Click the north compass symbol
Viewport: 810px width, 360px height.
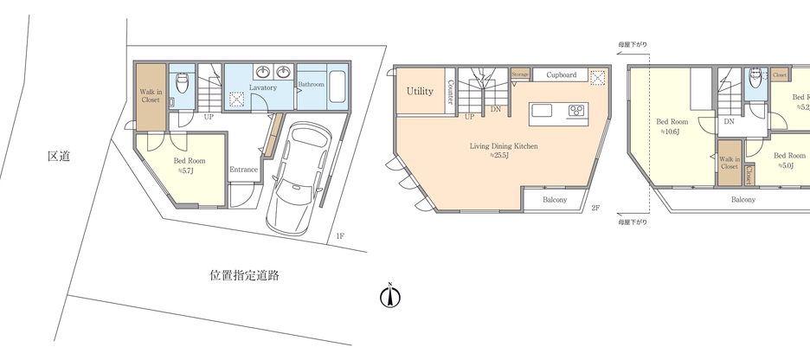[390, 296]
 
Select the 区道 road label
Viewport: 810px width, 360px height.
[58, 157]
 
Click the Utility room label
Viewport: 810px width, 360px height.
[420, 91]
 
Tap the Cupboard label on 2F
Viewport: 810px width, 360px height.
[561, 75]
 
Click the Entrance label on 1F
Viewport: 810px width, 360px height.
[244, 170]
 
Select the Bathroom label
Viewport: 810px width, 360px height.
[311, 85]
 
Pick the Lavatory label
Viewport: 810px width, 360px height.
[262, 88]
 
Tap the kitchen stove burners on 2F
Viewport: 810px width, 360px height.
[577, 110]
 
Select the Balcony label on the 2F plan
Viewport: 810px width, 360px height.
[555, 200]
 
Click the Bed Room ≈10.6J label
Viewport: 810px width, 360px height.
[672, 127]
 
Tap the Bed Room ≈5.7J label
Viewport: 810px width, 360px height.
[190, 165]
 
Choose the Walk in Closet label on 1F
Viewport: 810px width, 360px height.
[151, 93]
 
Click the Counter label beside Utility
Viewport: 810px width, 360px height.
[452, 92]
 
